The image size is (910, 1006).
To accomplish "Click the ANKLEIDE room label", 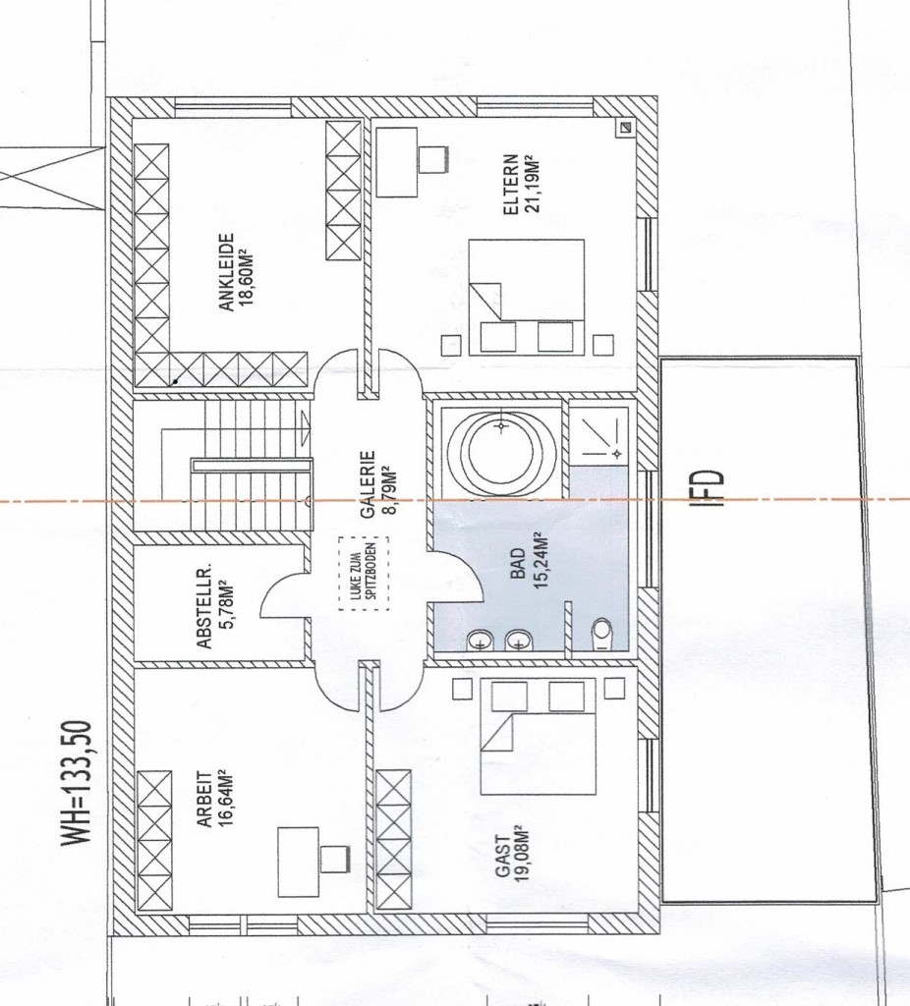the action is (x=226, y=272).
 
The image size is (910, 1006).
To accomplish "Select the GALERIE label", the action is (x=368, y=484).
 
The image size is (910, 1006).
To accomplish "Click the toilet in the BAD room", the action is (x=601, y=635).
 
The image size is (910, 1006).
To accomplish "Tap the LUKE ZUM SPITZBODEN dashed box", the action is (x=364, y=574).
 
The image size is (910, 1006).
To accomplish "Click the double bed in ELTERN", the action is (x=526, y=297).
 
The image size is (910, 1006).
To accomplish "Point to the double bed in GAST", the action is (x=538, y=738).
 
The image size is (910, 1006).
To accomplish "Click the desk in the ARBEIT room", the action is (x=299, y=863).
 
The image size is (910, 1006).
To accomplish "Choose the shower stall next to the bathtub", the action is (x=599, y=433).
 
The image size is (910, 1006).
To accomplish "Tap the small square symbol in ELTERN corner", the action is (x=625, y=128).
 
